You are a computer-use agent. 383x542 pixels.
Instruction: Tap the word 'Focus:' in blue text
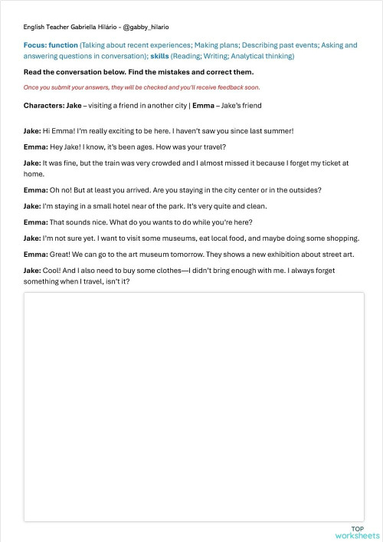click(35, 45)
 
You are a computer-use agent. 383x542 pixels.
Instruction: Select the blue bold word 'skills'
click(160, 56)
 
